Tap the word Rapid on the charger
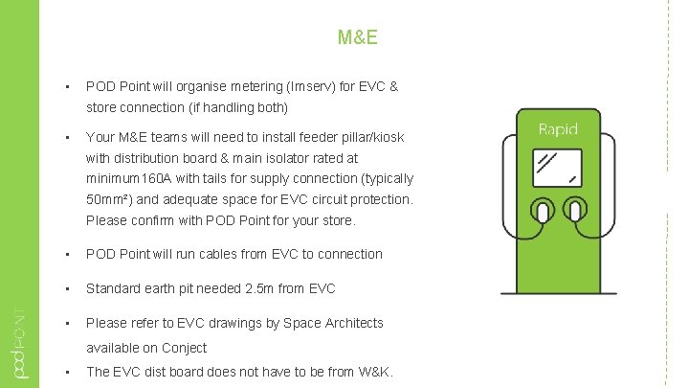(558, 128)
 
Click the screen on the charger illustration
(558, 166)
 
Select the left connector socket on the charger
(542, 211)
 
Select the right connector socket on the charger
(574, 211)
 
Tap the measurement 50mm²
(106, 199)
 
